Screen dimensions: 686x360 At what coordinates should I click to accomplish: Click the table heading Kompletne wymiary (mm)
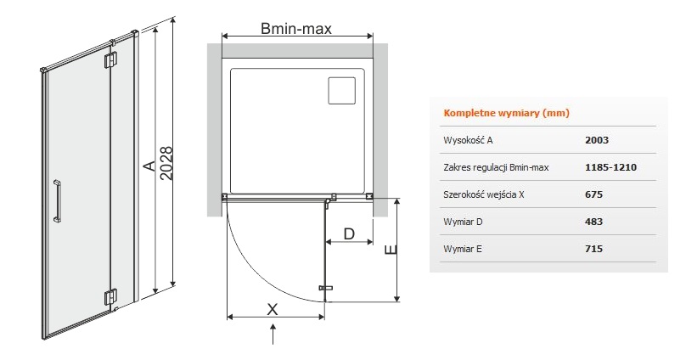tap(506, 113)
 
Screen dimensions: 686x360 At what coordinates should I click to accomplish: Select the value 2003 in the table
tap(597, 140)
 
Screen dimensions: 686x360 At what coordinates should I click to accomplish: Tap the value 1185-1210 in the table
tap(610, 167)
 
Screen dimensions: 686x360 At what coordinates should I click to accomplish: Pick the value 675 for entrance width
tap(593, 194)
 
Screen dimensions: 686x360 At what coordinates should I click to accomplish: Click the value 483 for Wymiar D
tap(593, 222)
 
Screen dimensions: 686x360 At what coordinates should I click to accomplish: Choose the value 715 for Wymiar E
tap(593, 249)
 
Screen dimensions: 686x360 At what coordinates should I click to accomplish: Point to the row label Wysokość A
tap(468, 140)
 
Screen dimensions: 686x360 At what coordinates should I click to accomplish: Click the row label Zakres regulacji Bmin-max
tap(496, 167)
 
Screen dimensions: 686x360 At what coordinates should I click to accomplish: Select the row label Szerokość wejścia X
tap(483, 194)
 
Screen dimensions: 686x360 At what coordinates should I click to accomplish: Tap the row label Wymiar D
tap(463, 222)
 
